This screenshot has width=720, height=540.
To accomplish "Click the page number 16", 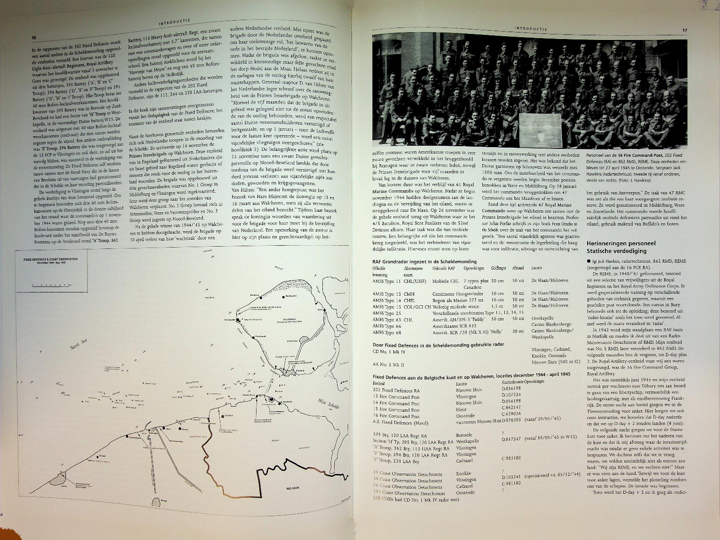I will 34,38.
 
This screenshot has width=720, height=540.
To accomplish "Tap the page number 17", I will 685,31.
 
